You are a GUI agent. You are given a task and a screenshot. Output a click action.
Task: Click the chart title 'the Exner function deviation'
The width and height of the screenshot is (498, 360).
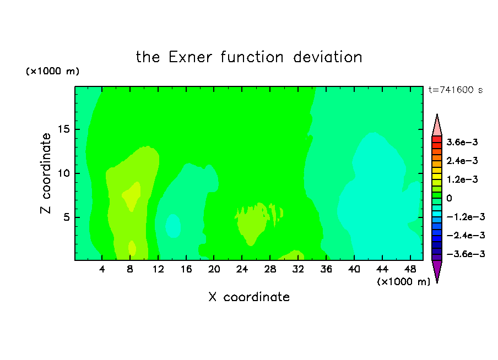tap(249, 57)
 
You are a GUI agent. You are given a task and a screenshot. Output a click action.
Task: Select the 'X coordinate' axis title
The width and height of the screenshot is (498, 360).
tap(249, 297)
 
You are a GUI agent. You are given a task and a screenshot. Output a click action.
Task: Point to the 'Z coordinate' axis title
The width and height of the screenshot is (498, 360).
tap(46, 173)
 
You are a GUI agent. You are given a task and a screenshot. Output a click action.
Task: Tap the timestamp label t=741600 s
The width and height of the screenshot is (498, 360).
tap(456, 90)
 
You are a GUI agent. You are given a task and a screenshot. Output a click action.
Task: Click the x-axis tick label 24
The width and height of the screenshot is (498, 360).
tap(242, 269)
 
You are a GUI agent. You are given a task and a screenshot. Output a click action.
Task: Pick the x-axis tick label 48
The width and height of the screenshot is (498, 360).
tap(410, 269)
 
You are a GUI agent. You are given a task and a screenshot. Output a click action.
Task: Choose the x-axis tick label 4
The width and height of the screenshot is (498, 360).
tap(102, 269)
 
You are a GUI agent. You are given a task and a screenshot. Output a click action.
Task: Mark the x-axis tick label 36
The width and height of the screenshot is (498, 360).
tap(326, 269)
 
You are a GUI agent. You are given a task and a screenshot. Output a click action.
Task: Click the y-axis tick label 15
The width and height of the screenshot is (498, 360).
tap(63, 129)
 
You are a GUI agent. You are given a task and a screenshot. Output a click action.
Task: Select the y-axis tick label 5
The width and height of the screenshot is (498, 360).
tap(66, 217)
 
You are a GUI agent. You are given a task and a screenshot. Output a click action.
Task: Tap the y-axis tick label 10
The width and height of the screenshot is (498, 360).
tap(63, 173)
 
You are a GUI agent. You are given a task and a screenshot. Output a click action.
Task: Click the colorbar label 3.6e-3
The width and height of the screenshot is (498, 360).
tap(462, 142)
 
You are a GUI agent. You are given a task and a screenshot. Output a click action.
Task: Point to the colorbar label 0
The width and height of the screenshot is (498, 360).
tap(449, 198)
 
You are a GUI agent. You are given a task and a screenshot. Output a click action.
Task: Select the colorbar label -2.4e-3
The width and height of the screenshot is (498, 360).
tap(465, 235)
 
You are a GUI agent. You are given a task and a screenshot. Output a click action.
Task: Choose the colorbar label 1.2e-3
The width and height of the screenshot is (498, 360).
tap(462, 179)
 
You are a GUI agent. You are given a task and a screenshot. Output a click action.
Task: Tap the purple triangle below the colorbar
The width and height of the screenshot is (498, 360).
tap(437, 270)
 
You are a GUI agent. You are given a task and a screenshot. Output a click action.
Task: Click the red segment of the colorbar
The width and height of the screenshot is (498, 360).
tap(437, 139)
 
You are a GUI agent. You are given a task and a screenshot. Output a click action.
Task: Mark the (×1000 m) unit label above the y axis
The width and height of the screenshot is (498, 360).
tap(52, 71)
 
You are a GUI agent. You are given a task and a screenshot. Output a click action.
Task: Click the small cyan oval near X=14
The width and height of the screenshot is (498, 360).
tap(173, 226)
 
